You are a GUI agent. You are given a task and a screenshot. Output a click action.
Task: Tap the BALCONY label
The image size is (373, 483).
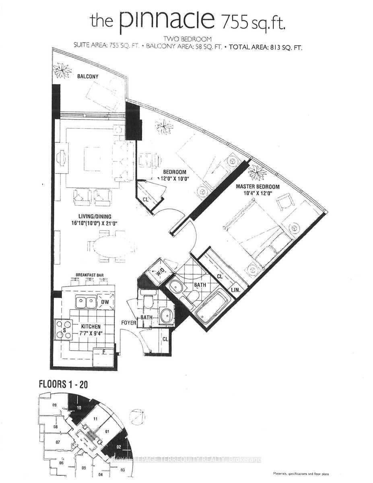tap(88, 76)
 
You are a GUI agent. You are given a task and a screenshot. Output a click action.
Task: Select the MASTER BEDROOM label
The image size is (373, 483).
tap(257, 186)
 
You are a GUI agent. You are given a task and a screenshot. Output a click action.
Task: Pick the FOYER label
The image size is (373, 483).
tap(129, 323)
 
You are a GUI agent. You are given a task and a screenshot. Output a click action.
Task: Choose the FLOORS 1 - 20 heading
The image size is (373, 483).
tap(63, 384)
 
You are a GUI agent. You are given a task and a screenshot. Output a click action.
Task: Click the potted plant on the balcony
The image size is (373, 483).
tap(63, 72)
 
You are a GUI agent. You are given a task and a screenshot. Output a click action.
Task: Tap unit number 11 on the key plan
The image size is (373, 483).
tap(95, 419)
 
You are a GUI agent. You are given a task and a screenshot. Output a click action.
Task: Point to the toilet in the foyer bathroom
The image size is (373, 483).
tap(148, 299)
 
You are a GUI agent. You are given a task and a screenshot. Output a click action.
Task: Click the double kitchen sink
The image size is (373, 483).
tap(86, 302)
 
